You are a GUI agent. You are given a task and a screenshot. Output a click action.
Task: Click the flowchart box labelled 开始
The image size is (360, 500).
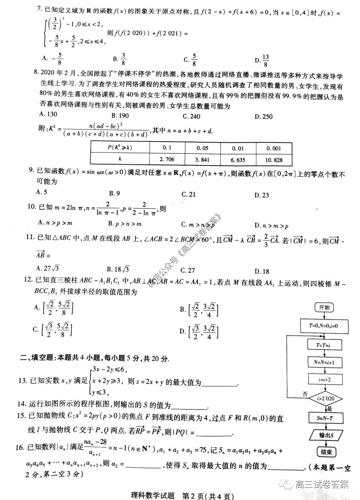[x=324, y=307]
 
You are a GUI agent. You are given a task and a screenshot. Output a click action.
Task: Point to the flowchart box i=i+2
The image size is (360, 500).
[x=324, y=379]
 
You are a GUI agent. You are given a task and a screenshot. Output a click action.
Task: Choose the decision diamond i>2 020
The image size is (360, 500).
[x=324, y=399]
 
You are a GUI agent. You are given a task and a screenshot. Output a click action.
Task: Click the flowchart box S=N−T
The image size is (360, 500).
[x=324, y=417]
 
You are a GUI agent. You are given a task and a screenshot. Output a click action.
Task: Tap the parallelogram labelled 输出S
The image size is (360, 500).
[x=324, y=435]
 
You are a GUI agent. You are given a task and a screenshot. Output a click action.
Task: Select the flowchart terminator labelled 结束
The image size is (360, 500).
[x=324, y=452]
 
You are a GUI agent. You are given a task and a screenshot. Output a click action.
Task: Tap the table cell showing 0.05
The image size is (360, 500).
[x=203, y=147]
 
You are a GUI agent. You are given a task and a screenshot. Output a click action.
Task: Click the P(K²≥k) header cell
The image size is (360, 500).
[x=120, y=147]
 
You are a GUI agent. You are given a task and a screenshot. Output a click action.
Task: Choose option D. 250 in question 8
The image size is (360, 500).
[x=264, y=117]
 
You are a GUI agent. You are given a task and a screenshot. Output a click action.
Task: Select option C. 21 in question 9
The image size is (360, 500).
[x=188, y=195]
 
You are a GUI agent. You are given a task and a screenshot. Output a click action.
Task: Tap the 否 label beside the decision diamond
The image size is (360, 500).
[x=305, y=394]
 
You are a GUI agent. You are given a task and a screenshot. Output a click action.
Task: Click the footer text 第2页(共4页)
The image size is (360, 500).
[x=207, y=495]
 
